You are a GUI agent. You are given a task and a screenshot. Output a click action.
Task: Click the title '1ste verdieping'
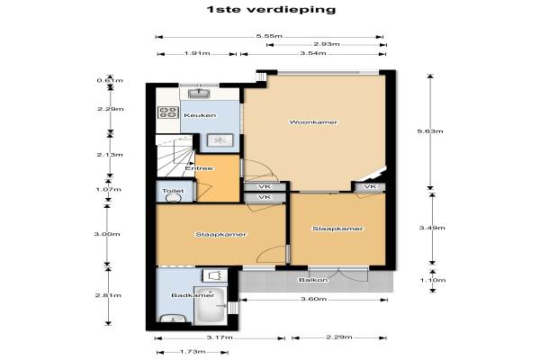pos(271,9)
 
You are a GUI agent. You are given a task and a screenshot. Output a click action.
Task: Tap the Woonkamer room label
pos(313,122)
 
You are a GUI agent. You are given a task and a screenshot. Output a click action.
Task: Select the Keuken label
pos(200,115)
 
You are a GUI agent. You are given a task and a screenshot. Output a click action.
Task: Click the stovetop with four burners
pos(168,112)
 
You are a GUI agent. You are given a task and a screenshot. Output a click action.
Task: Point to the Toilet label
pos(173,191)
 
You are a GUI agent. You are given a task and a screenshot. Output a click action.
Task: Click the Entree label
pos(199,168)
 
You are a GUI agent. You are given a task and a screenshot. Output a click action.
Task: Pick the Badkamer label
pos(193,295)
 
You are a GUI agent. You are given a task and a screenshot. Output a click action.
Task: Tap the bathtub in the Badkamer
pos(210,305)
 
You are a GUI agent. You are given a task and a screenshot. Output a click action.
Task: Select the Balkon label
pos(313,280)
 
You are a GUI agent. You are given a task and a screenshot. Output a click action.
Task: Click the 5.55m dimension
pos(269,36)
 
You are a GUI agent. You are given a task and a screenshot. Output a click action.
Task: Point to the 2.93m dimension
pos(327,44)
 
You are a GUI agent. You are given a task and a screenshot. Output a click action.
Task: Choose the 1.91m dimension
pos(197,53)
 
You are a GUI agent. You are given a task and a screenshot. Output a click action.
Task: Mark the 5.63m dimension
pos(430,131)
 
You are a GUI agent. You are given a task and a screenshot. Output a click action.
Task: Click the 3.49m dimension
pos(432,228)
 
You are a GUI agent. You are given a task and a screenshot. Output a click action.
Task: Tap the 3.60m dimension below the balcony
pos(313,299)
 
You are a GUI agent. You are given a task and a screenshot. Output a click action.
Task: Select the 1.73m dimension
pos(193,352)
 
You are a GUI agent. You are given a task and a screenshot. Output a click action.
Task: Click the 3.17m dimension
pos(220,337)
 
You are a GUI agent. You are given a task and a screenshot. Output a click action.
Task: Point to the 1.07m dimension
pos(109,190)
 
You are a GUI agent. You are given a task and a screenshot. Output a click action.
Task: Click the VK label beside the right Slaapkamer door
pos(370,186)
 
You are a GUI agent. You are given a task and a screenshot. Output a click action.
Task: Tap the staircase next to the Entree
pos(175,156)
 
